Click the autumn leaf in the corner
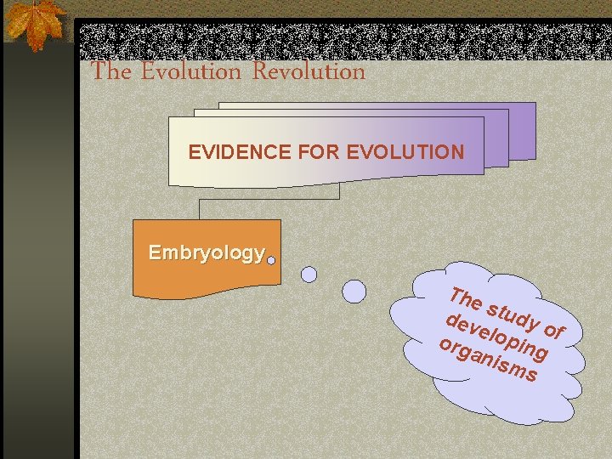(x=34, y=23)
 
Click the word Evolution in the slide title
(x=191, y=71)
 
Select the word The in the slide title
(x=111, y=71)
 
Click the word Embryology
(x=206, y=252)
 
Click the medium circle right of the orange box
(x=309, y=275)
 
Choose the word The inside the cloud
(x=467, y=300)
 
